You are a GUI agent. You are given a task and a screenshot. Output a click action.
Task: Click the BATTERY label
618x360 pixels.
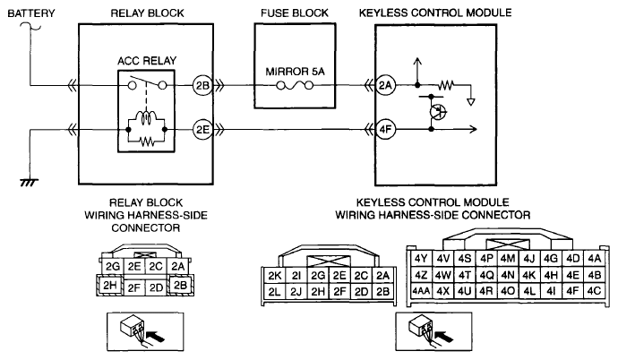(x=31, y=13)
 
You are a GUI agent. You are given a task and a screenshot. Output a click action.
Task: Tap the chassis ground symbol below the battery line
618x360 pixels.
(x=30, y=183)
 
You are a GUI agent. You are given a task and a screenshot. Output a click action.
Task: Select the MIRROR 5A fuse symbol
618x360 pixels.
(x=295, y=85)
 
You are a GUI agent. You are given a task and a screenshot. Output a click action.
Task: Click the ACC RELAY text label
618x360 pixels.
(x=147, y=61)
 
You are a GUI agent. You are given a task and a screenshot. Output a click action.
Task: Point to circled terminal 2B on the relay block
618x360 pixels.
(x=202, y=85)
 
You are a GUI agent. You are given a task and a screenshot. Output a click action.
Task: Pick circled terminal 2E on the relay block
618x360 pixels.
(x=202, y=130)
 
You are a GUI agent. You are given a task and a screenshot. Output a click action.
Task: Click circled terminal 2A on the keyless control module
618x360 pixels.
(x=385, y=85)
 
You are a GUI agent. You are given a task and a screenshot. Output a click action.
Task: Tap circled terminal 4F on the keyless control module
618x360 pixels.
(x=385, y=130)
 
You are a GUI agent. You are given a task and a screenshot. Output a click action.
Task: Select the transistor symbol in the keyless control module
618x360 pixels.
(x=437, y=112)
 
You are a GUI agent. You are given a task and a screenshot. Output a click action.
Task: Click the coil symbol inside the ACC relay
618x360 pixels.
(x=146, y=116)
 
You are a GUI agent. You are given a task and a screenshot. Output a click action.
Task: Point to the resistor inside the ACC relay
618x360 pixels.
(x=147, y=141)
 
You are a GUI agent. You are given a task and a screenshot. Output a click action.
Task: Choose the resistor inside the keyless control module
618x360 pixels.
(x=446, y=85)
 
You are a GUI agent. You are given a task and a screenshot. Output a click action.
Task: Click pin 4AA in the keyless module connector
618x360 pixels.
(x=421, y=291)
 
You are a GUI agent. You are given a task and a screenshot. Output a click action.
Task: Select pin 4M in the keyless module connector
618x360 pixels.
(x=508, y=259)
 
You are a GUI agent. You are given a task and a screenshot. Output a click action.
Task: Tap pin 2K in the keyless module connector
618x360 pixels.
(x=274, y=276)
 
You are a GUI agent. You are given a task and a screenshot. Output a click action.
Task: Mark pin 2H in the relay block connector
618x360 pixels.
(x=109, y=285)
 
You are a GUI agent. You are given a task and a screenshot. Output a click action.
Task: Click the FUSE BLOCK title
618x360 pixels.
(x=295, y=13)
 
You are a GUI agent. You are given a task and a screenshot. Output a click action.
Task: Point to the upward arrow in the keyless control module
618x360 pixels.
(x=417, y=71)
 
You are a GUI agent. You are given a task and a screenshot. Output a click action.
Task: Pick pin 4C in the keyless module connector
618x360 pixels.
(x=594, y=291)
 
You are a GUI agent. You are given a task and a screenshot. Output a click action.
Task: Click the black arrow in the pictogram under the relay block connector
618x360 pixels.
(x=155, y=337)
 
